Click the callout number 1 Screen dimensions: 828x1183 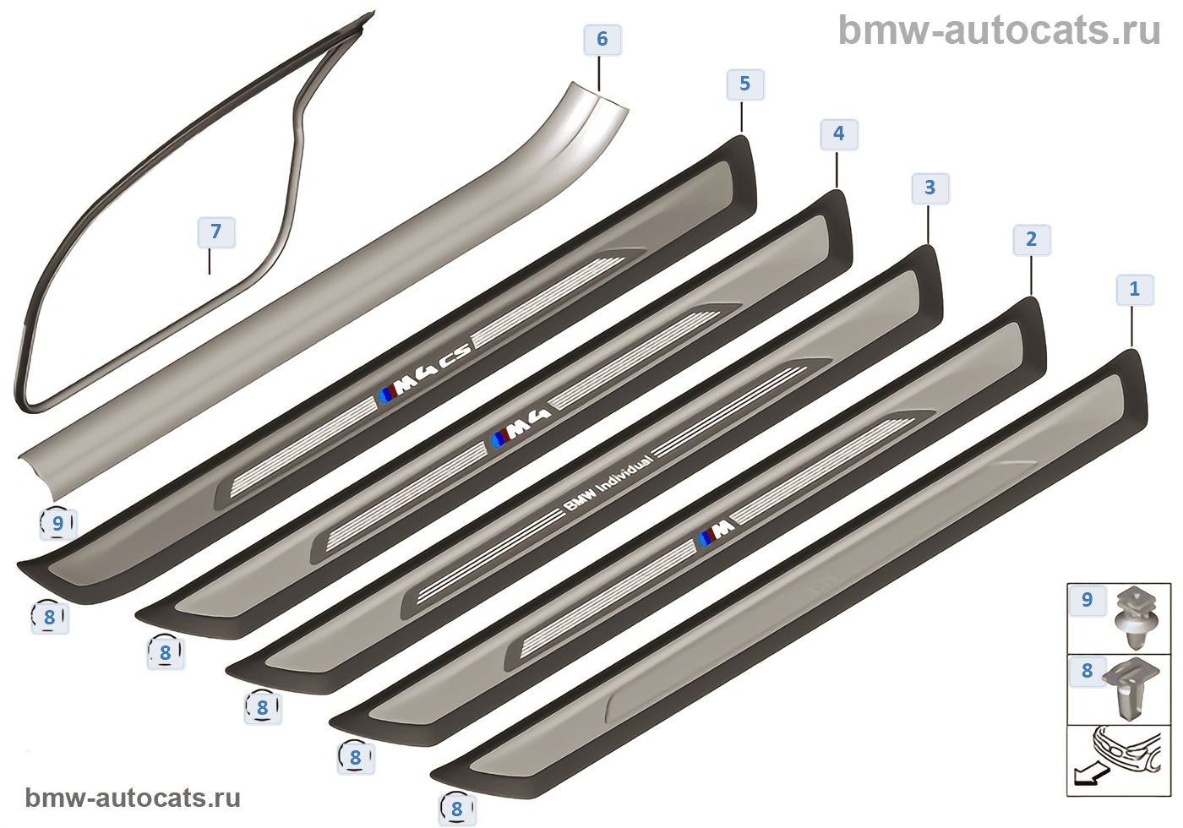[1134, 290]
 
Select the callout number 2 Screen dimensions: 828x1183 [1031, 240]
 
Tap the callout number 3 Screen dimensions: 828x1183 [929, 188]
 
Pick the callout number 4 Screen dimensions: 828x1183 [838, 134]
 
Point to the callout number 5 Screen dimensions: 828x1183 [744, 84]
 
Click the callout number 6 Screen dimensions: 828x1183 [602, 40]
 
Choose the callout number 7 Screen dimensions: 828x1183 [216, 232]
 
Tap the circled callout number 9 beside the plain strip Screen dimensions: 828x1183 [57, 524]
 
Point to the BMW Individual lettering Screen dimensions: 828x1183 [608, 484]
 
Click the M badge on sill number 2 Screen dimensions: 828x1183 [717, 533]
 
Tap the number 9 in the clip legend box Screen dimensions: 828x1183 [1087, 601]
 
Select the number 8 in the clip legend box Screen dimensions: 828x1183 [1087, 672]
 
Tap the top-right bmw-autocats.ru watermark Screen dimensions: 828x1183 [999, 31]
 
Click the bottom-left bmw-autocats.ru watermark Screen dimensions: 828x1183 [133, 798]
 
